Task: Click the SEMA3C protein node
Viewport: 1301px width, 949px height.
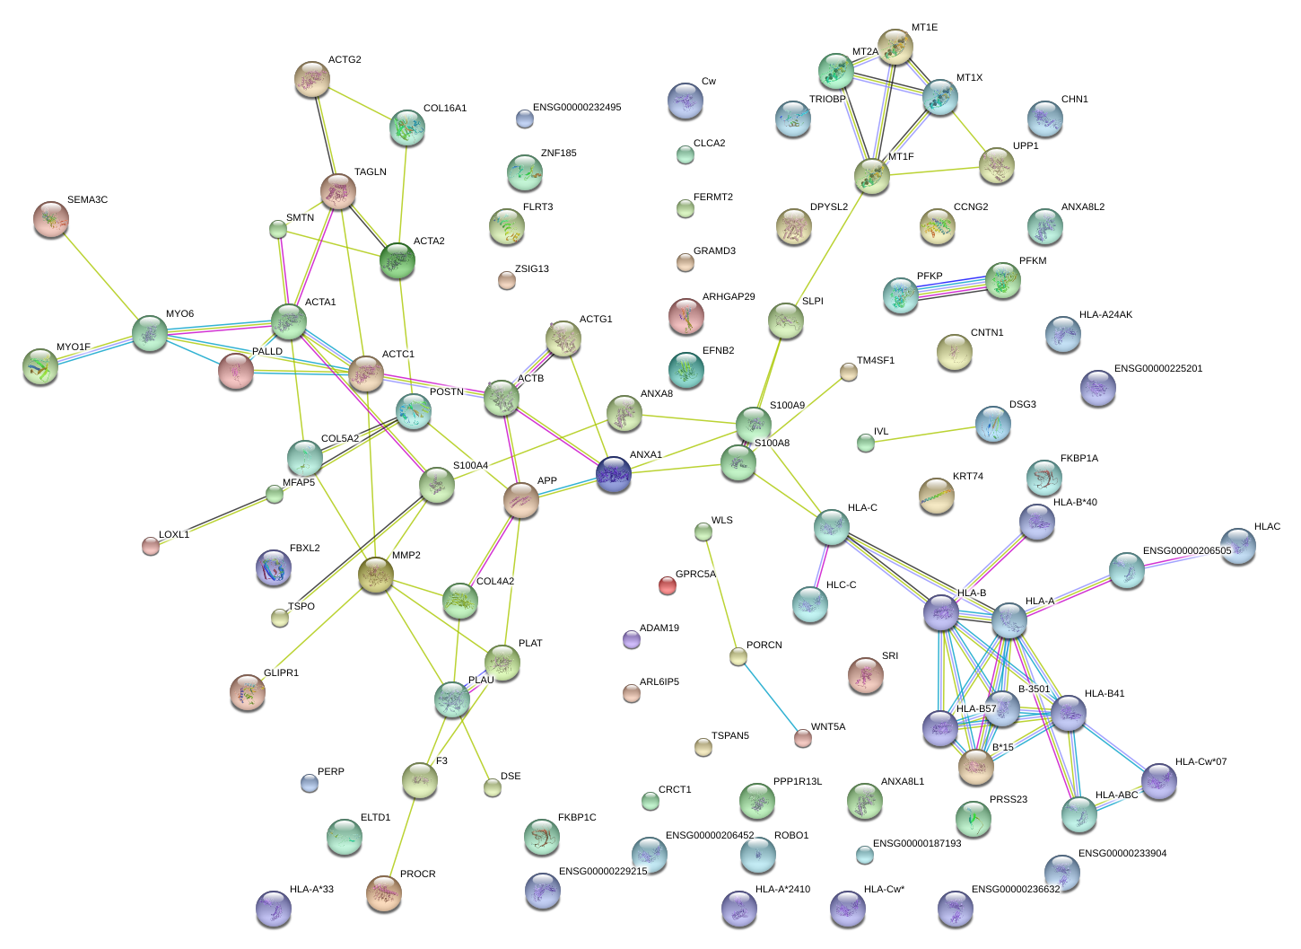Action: (x=51, y=220)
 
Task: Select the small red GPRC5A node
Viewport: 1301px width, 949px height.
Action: (x=667, y=585)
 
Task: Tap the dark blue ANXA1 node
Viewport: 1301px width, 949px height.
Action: (x=614, y=474)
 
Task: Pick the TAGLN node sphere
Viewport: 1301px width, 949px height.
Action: (x=338, y=191)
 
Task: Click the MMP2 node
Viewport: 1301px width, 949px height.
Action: (x=376, y=575)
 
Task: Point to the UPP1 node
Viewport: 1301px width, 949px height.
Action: (x=996, y=165)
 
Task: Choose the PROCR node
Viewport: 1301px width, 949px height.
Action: (x=385, y=892)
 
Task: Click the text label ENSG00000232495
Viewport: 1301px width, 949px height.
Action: (x=576, y=108)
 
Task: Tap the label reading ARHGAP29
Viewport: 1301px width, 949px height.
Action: (x=728, y=297)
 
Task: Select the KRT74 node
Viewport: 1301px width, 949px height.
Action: (x=937, y=496)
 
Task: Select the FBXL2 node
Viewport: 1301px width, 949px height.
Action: (x=274, y=567)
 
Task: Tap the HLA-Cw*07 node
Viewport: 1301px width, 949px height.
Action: (x=1159, y=781)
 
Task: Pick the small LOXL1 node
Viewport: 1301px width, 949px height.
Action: (x=151, y=546)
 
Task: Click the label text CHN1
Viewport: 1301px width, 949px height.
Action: (x=1074, y=100)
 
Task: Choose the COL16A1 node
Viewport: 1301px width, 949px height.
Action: (x=407, y=128)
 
